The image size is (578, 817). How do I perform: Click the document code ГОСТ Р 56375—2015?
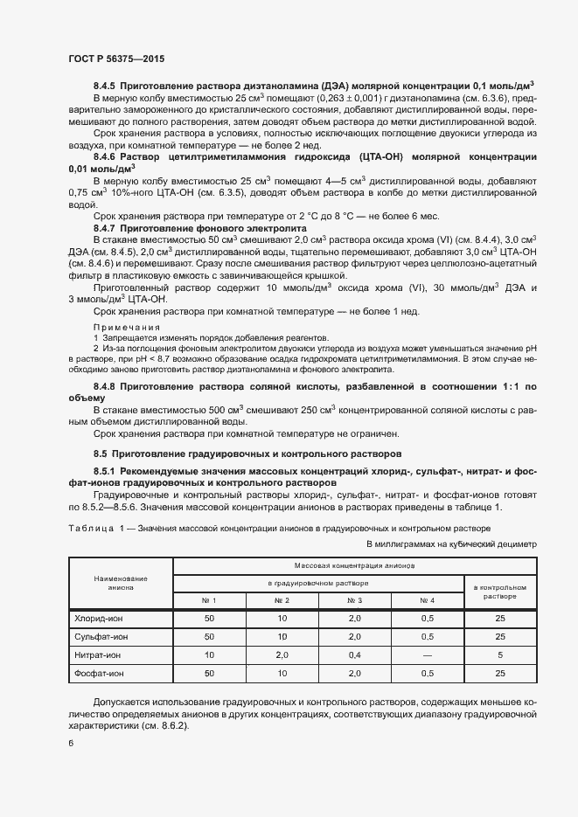point(115,59)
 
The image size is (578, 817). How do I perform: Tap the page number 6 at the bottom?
point(71,743)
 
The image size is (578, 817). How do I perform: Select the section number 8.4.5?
point(104,86)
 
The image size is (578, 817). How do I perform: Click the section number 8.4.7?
point(104,227)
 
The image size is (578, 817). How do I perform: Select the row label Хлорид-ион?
point(101,618)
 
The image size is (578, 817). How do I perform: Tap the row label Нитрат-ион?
point(101,654)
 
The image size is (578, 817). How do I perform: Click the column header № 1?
point(209,600)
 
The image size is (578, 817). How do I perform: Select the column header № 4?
point(427,600)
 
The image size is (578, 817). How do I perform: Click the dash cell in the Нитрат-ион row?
point(427,654)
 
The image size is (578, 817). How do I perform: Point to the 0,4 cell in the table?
point(354,654)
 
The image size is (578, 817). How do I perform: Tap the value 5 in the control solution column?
point(499,654)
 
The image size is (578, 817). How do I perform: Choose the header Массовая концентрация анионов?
point(354,565)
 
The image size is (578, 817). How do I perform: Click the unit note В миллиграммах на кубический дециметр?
point(450,544)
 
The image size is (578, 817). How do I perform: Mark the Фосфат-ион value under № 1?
point(209,673)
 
